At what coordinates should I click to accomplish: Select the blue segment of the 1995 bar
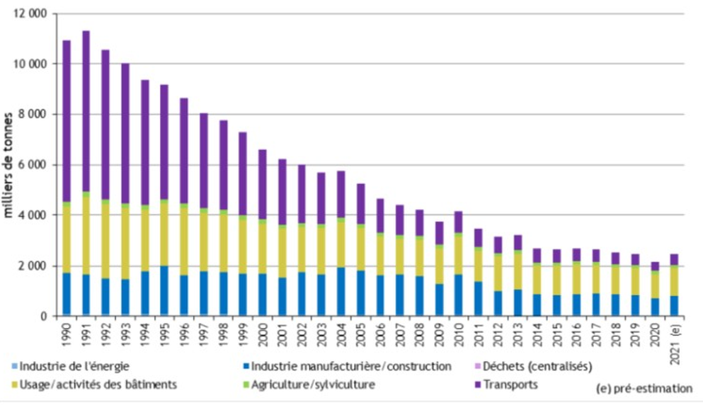164,290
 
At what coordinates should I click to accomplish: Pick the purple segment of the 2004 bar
340,194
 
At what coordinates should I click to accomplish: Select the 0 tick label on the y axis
45,316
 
